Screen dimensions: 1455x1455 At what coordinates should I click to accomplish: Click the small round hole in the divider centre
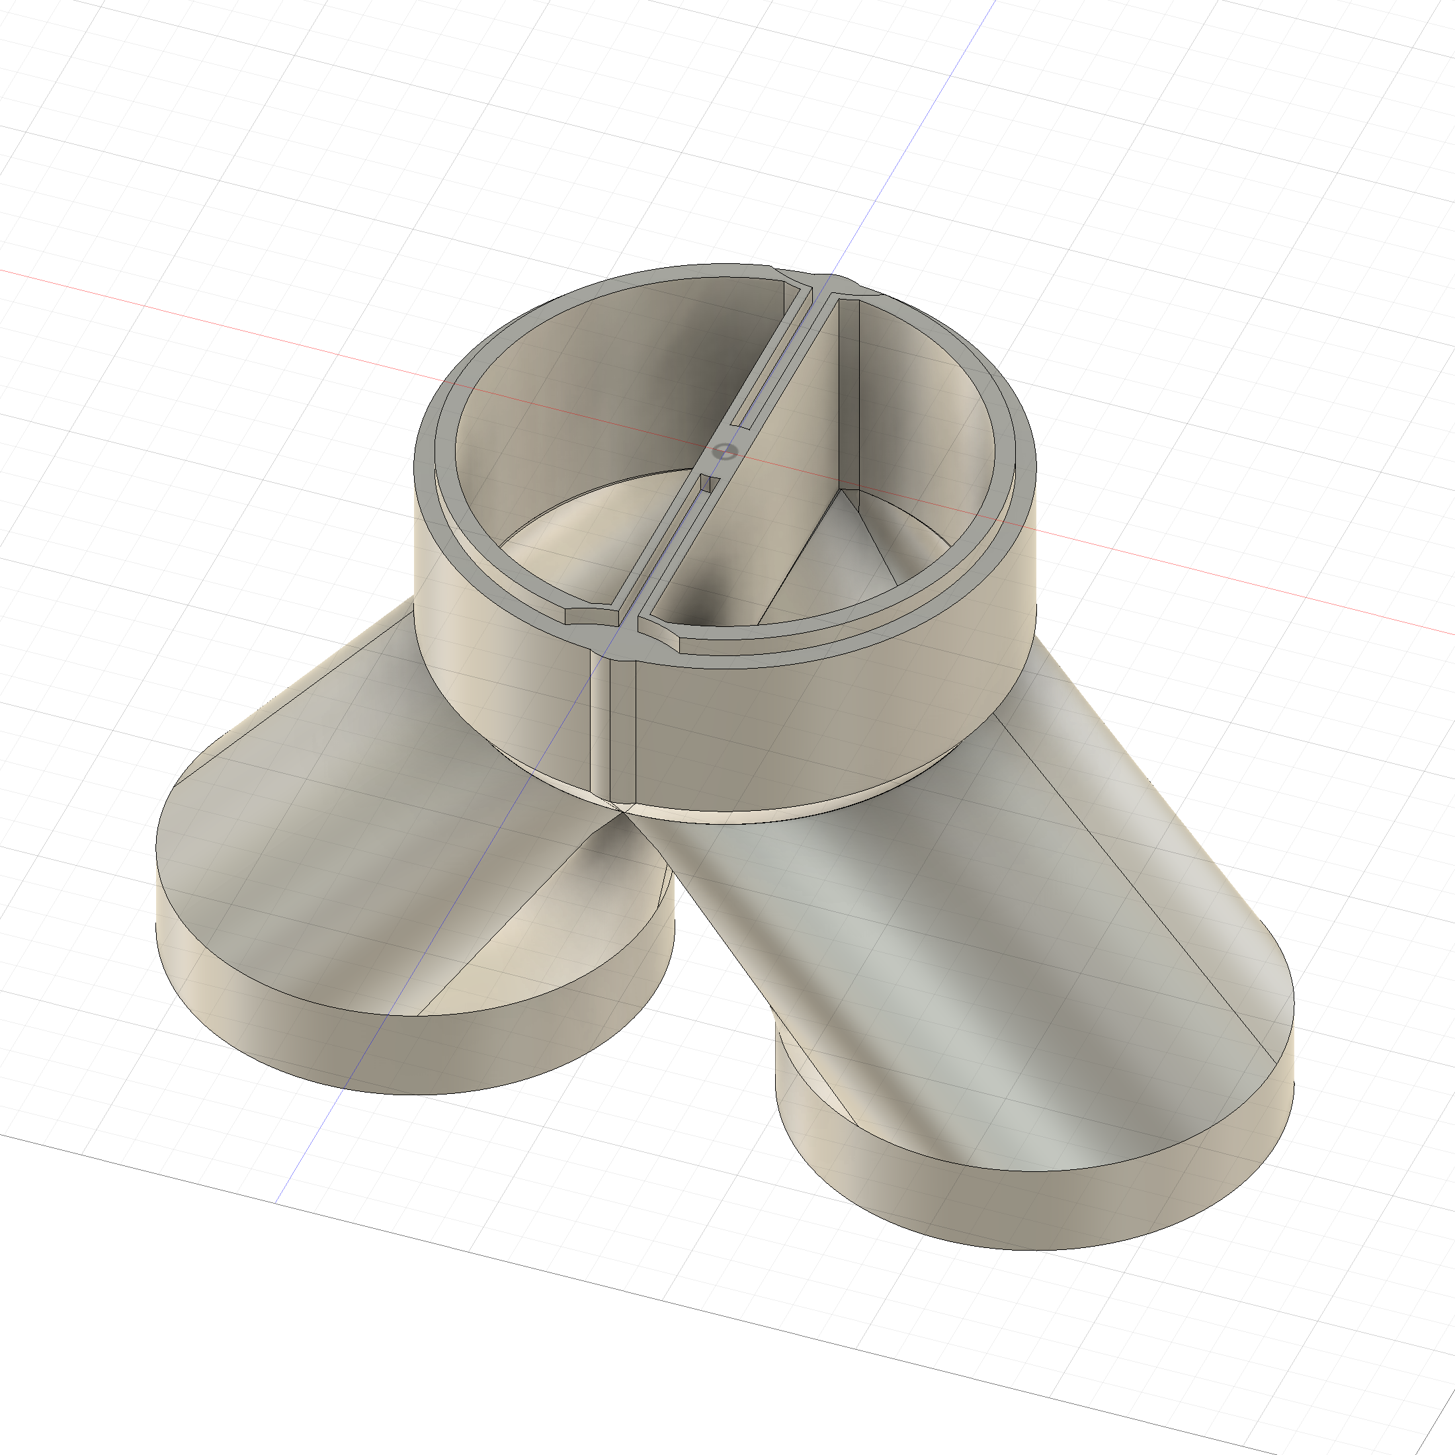pos(724,452)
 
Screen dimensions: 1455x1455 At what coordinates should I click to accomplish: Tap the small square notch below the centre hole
pos(706,483)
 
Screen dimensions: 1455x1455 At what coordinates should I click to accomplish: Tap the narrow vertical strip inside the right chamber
pos(849,392)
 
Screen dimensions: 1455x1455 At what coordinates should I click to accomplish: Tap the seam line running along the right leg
pos(1130,889)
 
